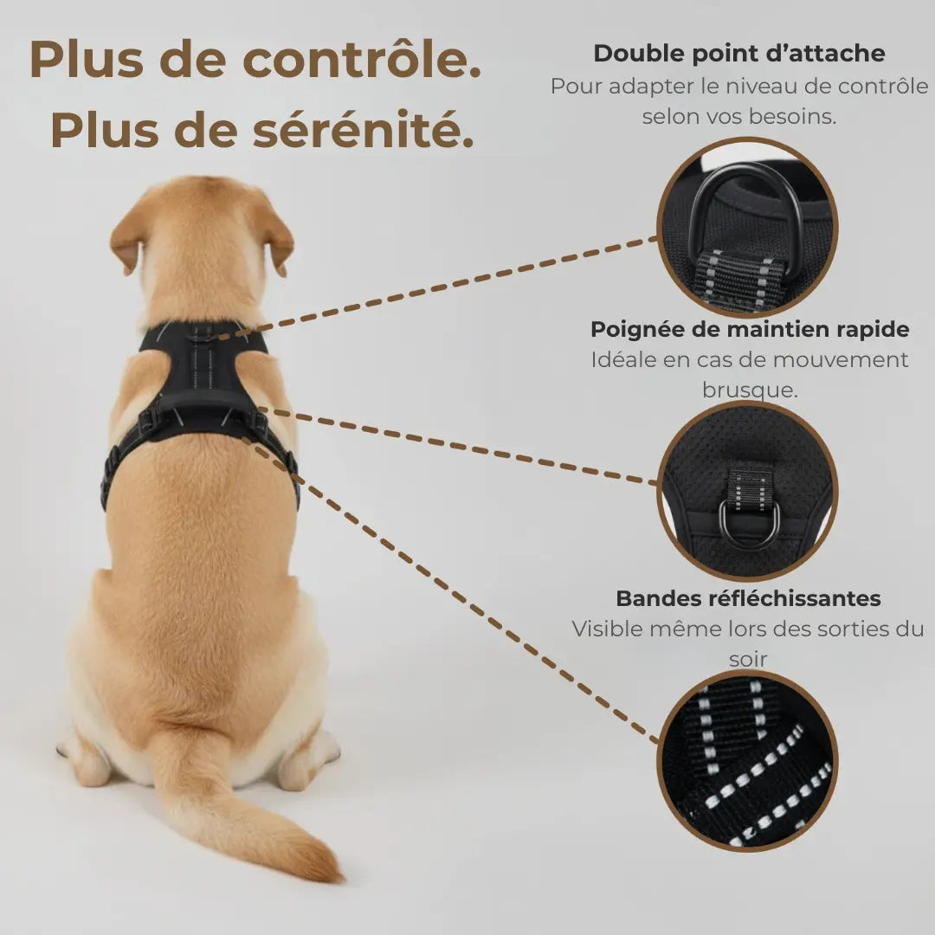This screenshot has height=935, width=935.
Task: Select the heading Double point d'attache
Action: (x=738, y=54)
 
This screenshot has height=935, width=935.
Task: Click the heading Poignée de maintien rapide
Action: (x=750, y=329)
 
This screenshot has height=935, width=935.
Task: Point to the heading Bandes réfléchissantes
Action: (x=748, y=598)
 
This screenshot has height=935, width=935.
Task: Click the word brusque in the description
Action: (x=750, y=390)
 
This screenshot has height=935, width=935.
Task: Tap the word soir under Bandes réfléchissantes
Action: (x=748, y=659)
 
